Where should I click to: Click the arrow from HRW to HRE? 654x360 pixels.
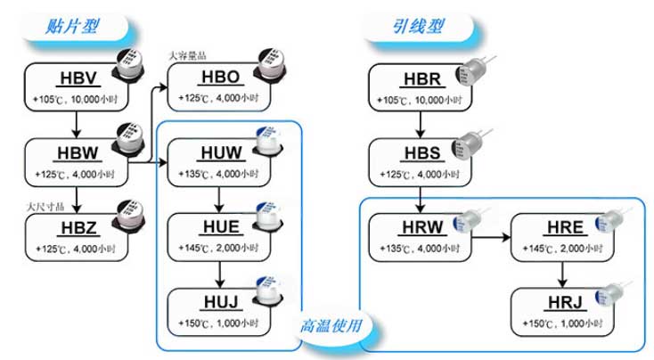[490, 239]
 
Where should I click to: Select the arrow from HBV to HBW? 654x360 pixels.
[77, 124]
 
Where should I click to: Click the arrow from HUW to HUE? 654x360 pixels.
[219, 199]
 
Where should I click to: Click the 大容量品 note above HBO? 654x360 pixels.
[188, 55]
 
